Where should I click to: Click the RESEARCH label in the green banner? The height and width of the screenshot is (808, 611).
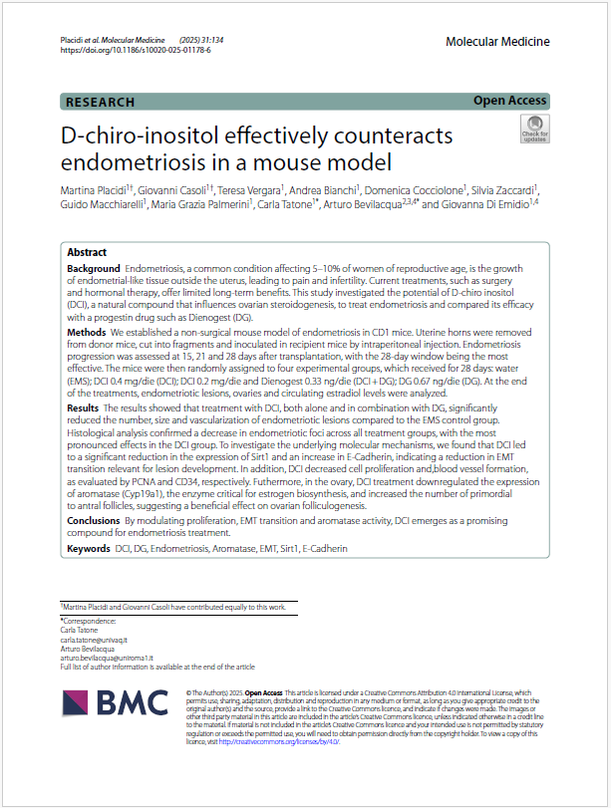(x=101, y=101)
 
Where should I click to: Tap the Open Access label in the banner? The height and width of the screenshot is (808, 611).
(x=509, y=101)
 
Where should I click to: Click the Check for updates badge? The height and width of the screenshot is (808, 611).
(x=533, y=129)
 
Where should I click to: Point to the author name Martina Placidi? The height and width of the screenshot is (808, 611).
(x=99, y=188)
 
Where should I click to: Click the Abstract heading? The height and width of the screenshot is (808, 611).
(x=87, y=252)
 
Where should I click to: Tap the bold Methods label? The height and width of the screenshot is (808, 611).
(x=87, y=331)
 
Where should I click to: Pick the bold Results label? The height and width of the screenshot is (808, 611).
(x=84, y=435)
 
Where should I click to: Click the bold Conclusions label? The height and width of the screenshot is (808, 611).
(x=94, y=521)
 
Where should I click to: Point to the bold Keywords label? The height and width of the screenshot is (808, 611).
(x=89, y=548)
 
